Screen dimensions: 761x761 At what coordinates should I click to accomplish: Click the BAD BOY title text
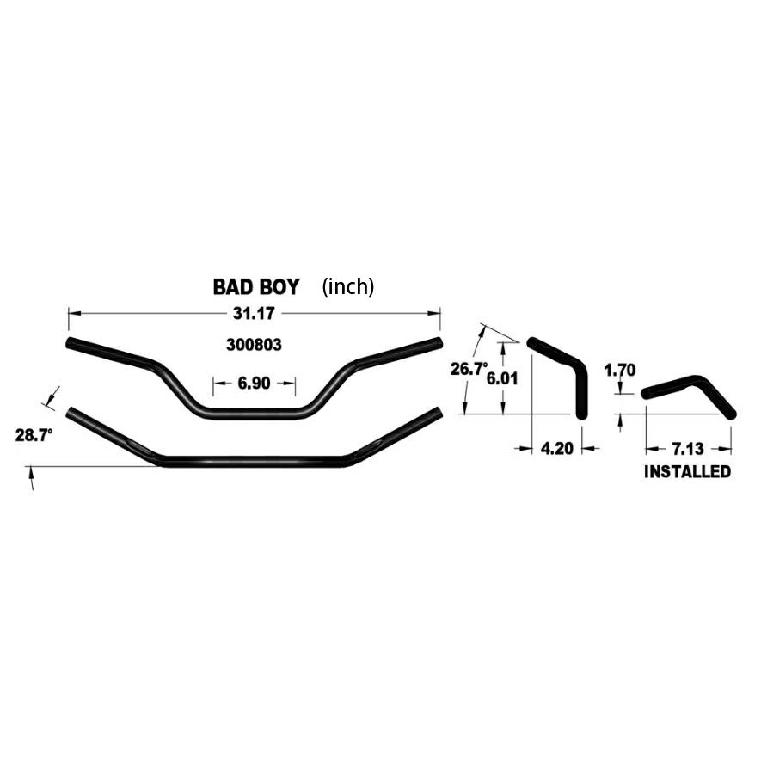(256, 287)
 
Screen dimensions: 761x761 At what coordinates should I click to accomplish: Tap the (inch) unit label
(348, 287)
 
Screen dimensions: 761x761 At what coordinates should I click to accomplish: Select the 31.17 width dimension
(254, 314)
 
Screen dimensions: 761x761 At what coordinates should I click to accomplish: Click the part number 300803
(254, 345)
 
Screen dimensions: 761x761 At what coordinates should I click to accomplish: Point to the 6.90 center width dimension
(254, 383)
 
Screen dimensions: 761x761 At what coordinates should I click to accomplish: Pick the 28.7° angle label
(34, 435)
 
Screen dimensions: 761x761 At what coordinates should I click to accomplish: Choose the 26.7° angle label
(469, 369)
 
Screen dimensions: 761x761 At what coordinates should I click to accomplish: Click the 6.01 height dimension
(502, 378)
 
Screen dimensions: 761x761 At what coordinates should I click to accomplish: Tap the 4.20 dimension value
(556, 449)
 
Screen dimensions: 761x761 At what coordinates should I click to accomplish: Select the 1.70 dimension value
(620, 371)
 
